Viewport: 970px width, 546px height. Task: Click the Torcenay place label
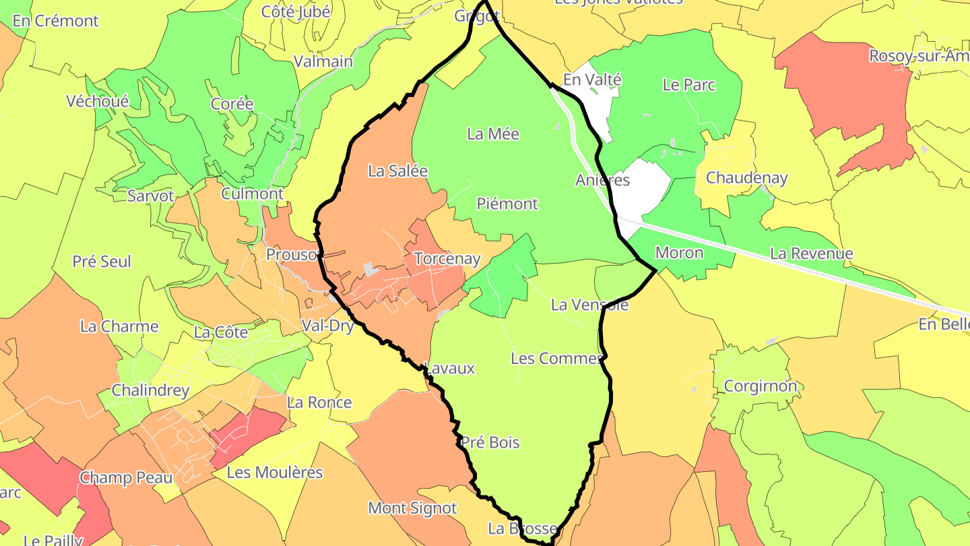[447, 259]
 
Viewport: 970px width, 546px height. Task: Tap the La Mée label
[493, 134]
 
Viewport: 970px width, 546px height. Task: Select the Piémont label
[507, 204]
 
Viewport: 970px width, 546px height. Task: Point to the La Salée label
[397, 171]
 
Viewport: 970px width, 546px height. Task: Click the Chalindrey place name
[150, 390]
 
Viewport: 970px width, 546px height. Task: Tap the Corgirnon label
[760, 386]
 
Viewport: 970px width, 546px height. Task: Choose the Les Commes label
[556, 359]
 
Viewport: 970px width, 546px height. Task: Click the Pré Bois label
[490, 443]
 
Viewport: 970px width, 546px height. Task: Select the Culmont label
[253, 194]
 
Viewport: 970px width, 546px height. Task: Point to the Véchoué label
[98, 102]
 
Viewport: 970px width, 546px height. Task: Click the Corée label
[232, 104]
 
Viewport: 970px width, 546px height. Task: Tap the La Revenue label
[811, 254]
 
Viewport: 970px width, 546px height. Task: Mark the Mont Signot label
[412, 508]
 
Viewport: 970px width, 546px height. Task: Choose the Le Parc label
[689, 85]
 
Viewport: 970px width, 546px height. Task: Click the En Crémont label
[56, 21]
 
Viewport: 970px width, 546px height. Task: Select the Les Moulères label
[275, 473]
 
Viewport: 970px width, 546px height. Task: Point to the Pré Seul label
[102, 262]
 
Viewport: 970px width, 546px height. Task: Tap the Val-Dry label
[327, 326]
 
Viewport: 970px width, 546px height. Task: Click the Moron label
[679, 253]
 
